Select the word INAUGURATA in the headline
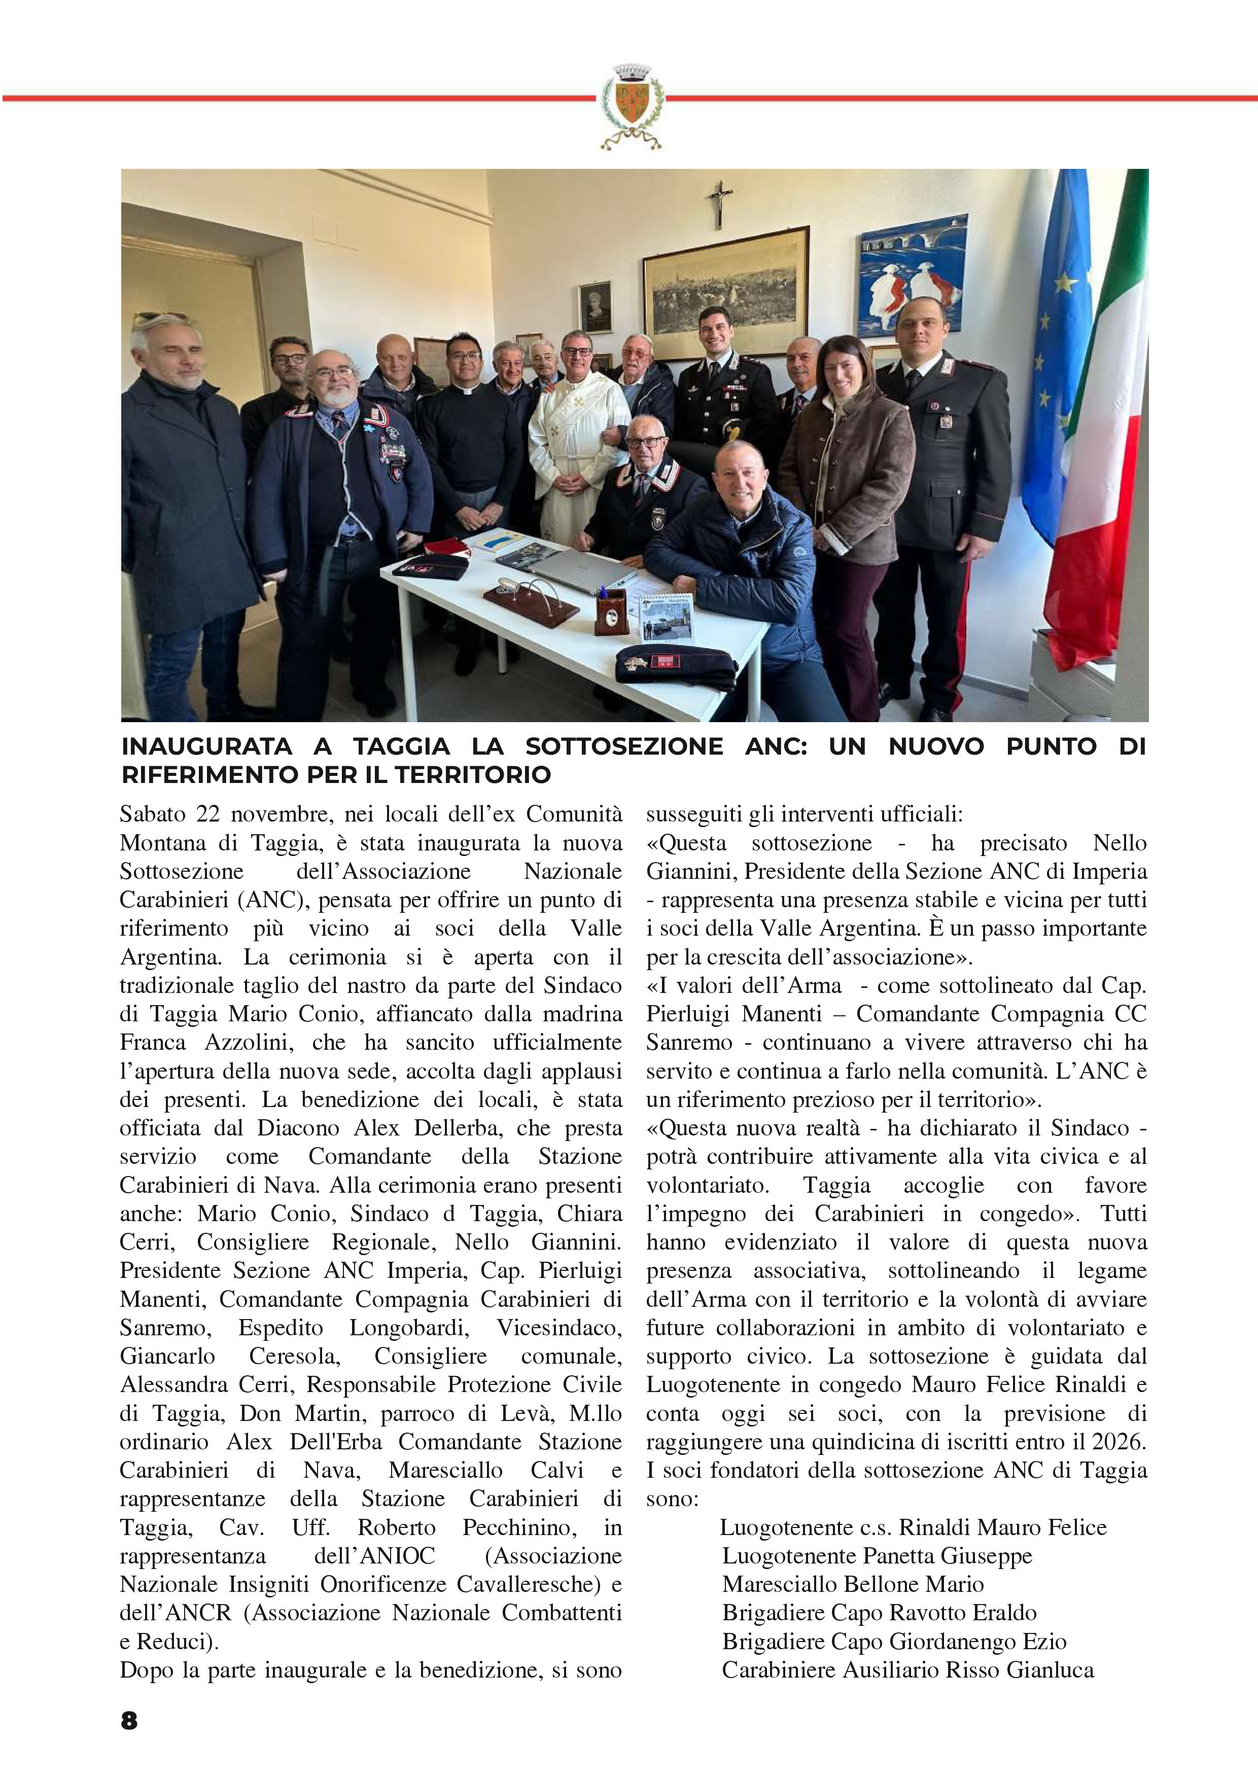click(206, 747)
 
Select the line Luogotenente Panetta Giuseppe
click(877, 1556)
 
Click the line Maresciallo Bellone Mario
click(853, 1585)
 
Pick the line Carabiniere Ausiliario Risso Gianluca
click(907, 1670)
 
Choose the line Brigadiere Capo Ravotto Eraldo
click(879, 1613)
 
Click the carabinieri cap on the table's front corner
click(674, 665)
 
